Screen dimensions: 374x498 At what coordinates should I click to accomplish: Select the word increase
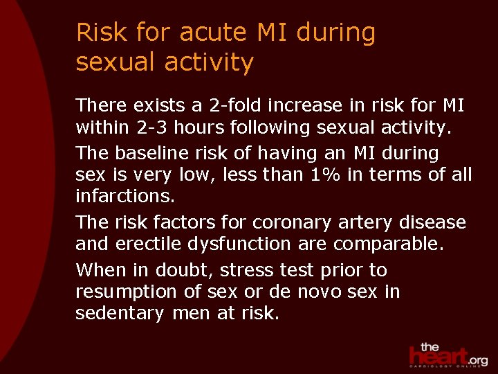coord(296,105)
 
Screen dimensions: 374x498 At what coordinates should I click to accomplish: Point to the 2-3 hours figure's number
coord(151,128)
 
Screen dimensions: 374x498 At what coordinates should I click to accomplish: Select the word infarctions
coord(124,197)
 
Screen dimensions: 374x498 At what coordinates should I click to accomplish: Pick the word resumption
coord(128,292)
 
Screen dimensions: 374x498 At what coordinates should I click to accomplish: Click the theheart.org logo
coord(447,355)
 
